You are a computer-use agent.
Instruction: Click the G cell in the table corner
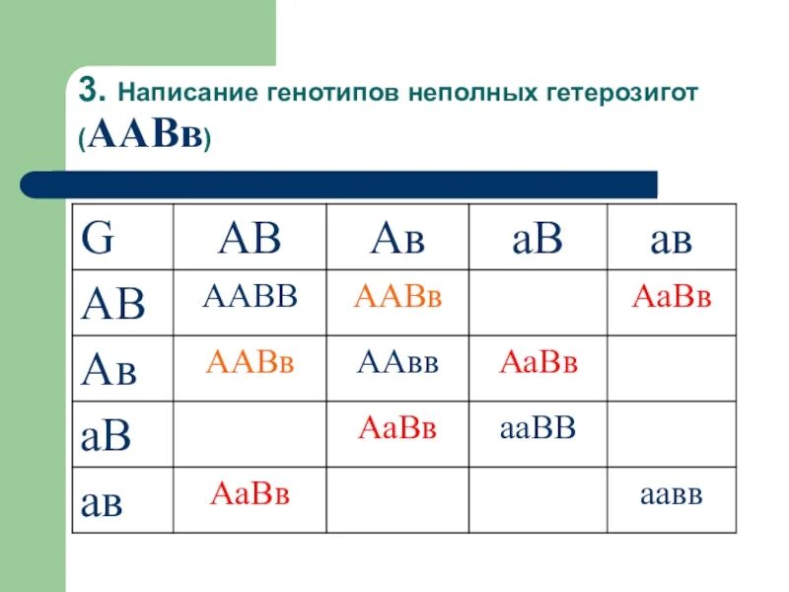pyautogui.click(x=97, y=239)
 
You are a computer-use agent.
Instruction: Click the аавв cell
pyautogui.click(x=671, y=493)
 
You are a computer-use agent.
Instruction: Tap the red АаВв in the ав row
pyautogui.click(x=250, y=493)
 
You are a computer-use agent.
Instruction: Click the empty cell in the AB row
pyautogui.click(x=538, y=302)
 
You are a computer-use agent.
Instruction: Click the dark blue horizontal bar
pyautogui.click(x=340, y=184)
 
